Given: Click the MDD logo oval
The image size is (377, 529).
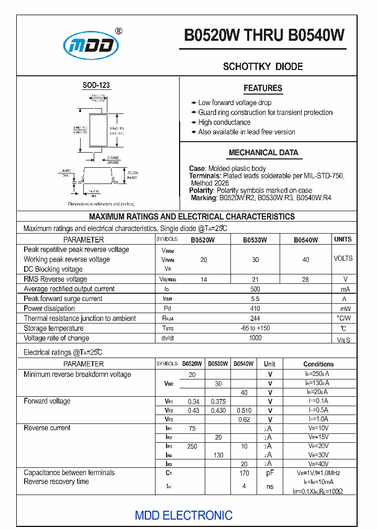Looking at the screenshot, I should tap(91, 45).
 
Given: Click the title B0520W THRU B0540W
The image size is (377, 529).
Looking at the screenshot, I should tap(264, 35).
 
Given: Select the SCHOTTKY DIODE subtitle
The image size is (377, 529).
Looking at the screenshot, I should tap(263, 66).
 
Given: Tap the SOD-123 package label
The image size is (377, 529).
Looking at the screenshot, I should tap(96, 85).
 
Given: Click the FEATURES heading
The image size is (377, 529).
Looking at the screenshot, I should tap(263, 88).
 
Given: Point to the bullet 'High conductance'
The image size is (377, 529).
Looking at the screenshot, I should tap(224, 122).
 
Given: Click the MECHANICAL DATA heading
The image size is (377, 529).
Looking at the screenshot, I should tap(263, 153).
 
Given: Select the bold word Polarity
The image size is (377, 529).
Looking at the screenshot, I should tap(201, 191).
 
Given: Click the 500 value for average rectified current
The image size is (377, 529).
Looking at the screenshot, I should tap(255, 289).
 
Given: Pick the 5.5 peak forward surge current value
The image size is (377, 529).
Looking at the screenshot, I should tap(255, 299).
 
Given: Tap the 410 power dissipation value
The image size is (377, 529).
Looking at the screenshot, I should tap(255, 309).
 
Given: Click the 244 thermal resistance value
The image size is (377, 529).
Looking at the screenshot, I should tap(255, 318).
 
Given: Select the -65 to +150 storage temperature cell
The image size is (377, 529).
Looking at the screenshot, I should tap(255, 328).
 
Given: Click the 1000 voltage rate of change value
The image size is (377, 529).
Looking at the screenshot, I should tap(255, 338).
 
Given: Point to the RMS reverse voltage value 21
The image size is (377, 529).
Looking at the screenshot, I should tap(255, 280).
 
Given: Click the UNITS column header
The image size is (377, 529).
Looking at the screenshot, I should tap(343, 239).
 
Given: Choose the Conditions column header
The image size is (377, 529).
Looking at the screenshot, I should tap(318, 364).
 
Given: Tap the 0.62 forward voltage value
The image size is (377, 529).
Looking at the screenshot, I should tap(244, 420).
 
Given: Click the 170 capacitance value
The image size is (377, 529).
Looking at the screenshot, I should tap(244, 473).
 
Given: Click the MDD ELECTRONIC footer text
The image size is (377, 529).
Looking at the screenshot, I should tap(183, 515).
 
